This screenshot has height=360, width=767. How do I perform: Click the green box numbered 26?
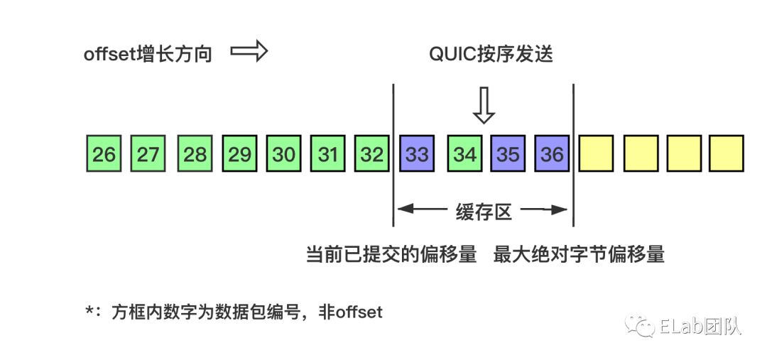tap(104, 153)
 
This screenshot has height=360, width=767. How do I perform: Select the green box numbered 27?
tap(148, 153)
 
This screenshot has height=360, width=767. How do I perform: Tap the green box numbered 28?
tap(195, 153)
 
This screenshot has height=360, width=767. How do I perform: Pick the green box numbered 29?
tap(239, 153)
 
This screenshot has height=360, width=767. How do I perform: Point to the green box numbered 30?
tap(284, 153)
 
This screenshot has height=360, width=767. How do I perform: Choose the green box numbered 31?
tap(328, 153)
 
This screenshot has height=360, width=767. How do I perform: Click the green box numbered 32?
tap(372, 153)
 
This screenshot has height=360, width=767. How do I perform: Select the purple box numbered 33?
tap(417, 153)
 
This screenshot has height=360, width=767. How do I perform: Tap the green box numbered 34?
tap(464, 153)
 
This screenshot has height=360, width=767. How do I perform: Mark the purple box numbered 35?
tap(508, 153)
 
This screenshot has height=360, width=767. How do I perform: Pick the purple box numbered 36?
tap(552, 153)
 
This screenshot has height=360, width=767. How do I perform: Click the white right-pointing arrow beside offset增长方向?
tap(249, 53)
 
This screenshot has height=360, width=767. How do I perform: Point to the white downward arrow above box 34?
tap(484, 106)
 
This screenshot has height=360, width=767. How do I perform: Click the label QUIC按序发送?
tap(491, 55)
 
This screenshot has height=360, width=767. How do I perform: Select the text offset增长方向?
tap(148, 54)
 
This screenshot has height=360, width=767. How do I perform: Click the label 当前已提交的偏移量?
tap(391, 255)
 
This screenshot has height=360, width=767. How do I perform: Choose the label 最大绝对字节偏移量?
tap(579, 255)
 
